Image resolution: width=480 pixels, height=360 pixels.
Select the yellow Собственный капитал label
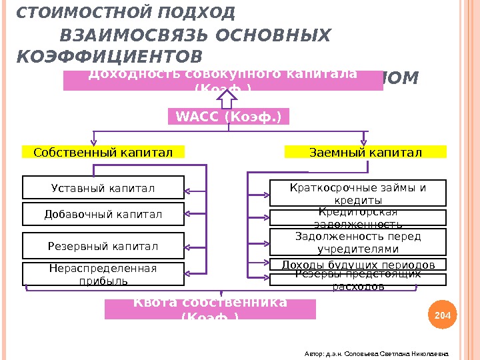(x=103, y=153)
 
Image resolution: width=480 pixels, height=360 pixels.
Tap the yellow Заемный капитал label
(x=365, y=153)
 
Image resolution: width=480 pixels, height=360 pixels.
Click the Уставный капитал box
(x=103, y=188)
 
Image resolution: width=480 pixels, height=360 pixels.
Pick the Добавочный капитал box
(x=103, y=215)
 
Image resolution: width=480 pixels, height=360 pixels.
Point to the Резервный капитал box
(x=103, y=246)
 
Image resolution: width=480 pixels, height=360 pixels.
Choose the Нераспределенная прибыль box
(x=103, y=274)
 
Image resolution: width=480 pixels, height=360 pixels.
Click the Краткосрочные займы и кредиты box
(x=358, y=193)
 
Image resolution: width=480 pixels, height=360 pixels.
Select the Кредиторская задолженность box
(x=358, y=218)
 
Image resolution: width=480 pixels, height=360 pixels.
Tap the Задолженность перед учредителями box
(x=358, y=243)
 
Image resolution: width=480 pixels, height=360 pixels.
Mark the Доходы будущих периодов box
(x=358, y=265)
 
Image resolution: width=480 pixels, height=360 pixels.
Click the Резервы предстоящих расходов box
(x=358, y=280)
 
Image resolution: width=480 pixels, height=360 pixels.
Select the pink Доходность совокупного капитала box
(x=223, y=80)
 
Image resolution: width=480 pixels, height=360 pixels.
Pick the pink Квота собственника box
(x=210, y=309)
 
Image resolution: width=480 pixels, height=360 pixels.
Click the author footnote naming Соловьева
(x=376, y=354)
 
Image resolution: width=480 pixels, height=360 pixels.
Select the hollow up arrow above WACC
(x=228, y=99)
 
